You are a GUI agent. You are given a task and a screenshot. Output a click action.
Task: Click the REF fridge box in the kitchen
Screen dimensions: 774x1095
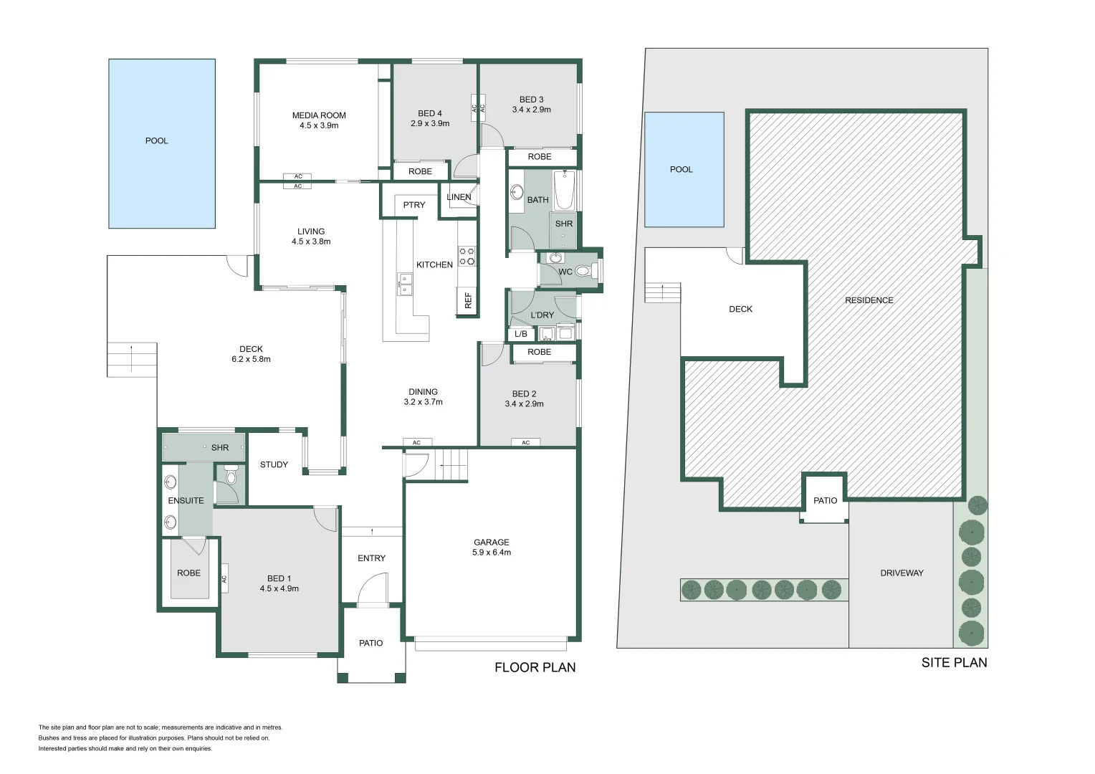[468, 300]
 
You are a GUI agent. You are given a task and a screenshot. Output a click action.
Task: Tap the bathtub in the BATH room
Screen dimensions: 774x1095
[564, 190]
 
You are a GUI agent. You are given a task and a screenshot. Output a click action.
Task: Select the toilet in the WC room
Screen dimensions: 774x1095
[583, 272]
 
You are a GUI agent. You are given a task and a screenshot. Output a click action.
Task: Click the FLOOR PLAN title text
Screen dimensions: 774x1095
[535, 668]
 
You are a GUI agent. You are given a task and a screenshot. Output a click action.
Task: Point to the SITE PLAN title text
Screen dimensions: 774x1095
[954, 663]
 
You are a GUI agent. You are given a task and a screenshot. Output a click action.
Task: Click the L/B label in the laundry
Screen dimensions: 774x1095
[521, 334]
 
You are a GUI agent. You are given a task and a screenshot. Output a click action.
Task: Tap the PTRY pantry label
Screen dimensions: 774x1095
[413, 205]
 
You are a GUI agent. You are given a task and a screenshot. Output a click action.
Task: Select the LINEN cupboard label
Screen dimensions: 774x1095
[459, 197]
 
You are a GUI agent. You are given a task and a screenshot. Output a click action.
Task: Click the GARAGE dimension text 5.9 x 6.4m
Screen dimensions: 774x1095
[492, 553]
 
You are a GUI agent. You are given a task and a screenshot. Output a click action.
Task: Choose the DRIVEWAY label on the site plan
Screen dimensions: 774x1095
[902, 573]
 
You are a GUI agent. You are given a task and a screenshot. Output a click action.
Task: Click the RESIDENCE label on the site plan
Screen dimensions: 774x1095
[869, 300]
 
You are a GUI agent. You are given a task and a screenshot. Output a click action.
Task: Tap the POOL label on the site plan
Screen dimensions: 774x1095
[681, 170]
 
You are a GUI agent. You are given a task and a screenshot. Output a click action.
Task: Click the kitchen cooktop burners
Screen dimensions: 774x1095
[467, 256]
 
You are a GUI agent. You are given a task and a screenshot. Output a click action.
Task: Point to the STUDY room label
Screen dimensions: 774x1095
[274, 464]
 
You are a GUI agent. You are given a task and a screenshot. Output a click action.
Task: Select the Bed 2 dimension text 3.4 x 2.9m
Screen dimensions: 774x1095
[524, 404]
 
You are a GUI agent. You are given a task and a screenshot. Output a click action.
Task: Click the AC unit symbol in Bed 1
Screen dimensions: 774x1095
[224, 578]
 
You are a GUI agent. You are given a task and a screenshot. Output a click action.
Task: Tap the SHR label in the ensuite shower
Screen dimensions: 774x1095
[220, 448]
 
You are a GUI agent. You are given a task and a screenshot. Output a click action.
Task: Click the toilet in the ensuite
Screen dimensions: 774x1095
[231, 476]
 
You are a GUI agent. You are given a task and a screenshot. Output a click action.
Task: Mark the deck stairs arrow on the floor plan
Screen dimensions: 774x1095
[132, 358]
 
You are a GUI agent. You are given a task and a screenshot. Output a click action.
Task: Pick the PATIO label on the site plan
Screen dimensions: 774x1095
[825, 501]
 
